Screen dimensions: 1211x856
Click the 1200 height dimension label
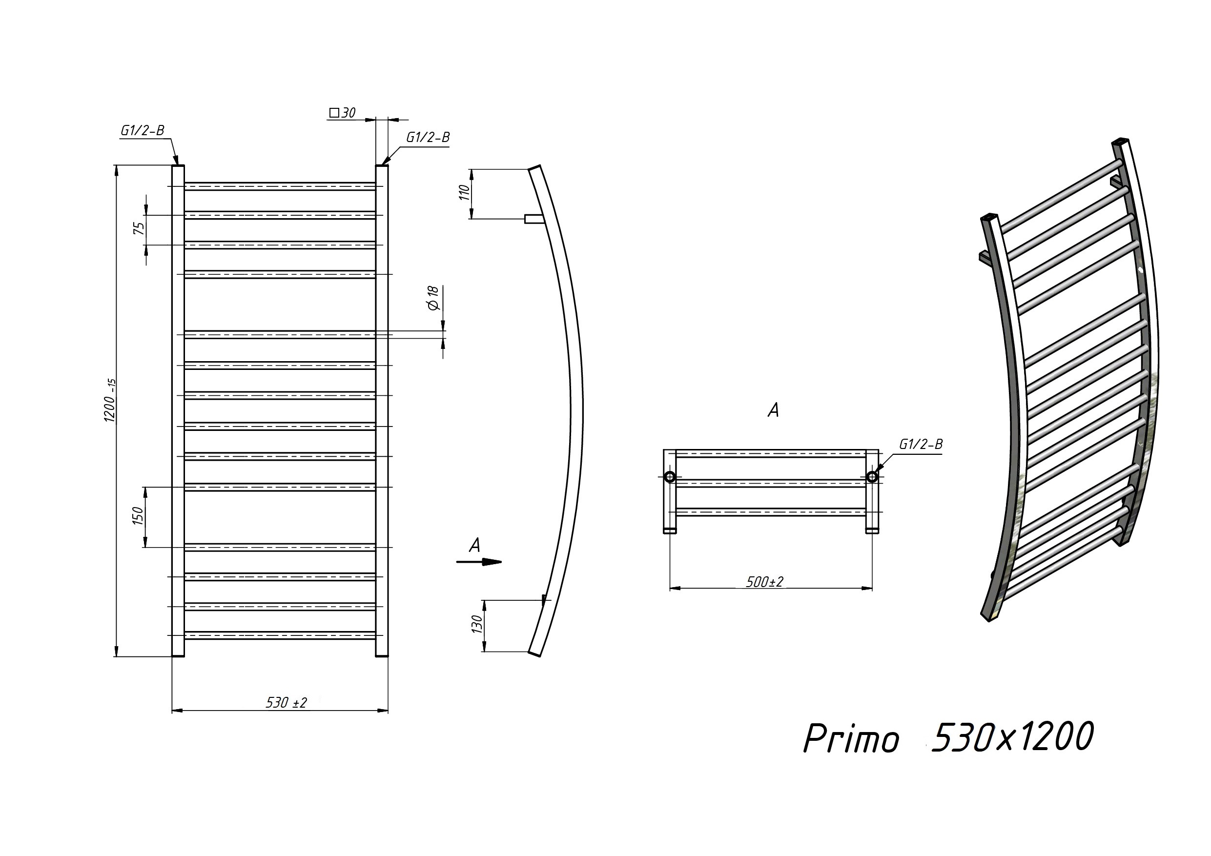(x=110, y=400)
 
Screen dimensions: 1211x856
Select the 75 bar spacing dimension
(x=139, y=228)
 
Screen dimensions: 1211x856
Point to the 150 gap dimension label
(x=138, y=515)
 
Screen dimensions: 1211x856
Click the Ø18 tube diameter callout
(x=433, y=298)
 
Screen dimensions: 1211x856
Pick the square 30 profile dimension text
(x=342, y=112)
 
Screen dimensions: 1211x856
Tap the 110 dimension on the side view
(x=464, y=192)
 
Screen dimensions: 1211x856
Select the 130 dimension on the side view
(x=477, y=625)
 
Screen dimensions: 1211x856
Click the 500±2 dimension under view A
(x=765, y=582)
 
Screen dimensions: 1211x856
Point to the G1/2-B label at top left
(x=143, y=130)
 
